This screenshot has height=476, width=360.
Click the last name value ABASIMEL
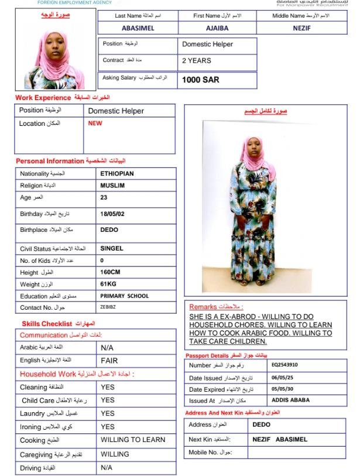coord(138,28)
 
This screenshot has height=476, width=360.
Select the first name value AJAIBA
coord(217,28)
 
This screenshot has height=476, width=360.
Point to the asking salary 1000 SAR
coord(201,80)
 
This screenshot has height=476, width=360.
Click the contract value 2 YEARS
coord(197,60)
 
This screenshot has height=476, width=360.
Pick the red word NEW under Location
coord(95,124)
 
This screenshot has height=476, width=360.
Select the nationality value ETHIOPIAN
coord(117,174)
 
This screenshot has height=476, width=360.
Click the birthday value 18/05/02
coord(112,214)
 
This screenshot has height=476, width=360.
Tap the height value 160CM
coord(112,272)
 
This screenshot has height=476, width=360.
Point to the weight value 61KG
coord(109,284)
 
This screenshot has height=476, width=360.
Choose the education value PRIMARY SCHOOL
coord(125,296)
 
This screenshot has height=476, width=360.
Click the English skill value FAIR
coord(109,360)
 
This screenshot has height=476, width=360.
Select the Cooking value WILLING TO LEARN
coord(133,440)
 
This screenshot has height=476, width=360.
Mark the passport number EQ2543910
coord(284,365)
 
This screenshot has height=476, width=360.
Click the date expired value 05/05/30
coord(283,389)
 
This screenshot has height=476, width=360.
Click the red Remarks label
coord(217,306)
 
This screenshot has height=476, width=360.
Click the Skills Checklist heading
coord(47,323)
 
